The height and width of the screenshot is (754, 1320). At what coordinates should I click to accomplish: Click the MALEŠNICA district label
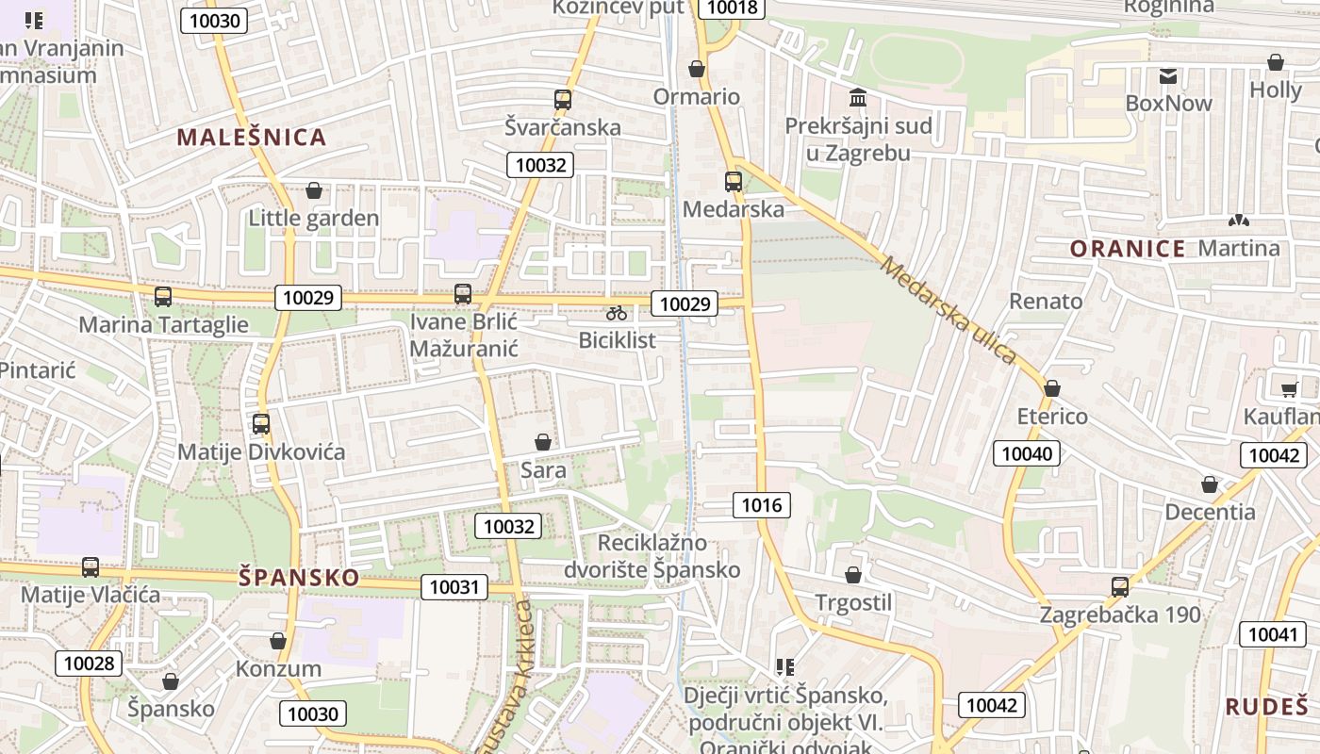pos(252,138)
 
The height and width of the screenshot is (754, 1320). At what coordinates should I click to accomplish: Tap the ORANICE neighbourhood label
pos(1128,249)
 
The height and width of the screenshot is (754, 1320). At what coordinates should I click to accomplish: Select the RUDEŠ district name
pos(1267,706)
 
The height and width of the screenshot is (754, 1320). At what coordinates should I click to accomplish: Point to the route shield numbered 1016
pos(762,506)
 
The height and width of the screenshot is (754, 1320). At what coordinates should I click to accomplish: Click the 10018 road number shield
pos(731,8)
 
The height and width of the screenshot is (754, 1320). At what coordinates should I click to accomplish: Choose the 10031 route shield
pos(454,587)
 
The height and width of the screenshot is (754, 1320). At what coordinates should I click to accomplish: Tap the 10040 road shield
pos(1027,454)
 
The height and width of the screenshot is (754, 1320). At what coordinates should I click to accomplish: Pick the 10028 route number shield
pos(89,663)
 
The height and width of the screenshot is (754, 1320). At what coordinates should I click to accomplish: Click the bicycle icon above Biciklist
pos(617,313)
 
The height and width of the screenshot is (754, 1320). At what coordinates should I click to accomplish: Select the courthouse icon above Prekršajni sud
pos(858,97)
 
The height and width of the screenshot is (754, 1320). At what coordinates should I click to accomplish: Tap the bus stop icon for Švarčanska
pos(563,99)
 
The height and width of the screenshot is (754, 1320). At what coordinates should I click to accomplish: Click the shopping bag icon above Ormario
pos(697,69)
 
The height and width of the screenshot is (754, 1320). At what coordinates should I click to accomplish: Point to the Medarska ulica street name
pos(948,310)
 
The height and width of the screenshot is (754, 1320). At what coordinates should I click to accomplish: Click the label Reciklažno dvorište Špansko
pos(652,556)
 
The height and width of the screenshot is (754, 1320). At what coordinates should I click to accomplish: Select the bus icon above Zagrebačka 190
pos(1120,587)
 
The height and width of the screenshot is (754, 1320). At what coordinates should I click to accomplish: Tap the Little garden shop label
pos(314,219)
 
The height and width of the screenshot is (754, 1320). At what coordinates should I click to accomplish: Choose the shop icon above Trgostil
pos(853,574)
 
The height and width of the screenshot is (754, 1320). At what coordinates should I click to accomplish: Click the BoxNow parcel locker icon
pos(1168,76)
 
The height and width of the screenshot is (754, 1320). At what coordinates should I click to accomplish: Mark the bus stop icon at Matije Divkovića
pos(261,424)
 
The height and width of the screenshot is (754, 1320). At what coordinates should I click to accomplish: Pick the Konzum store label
pos(278,669)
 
